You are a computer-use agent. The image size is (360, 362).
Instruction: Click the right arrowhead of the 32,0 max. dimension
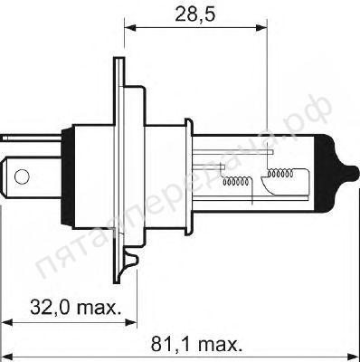click(123, 322)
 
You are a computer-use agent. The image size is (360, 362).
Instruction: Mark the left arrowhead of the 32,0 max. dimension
click(7, 322)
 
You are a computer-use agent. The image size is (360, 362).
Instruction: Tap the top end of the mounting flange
click(118, 66)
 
